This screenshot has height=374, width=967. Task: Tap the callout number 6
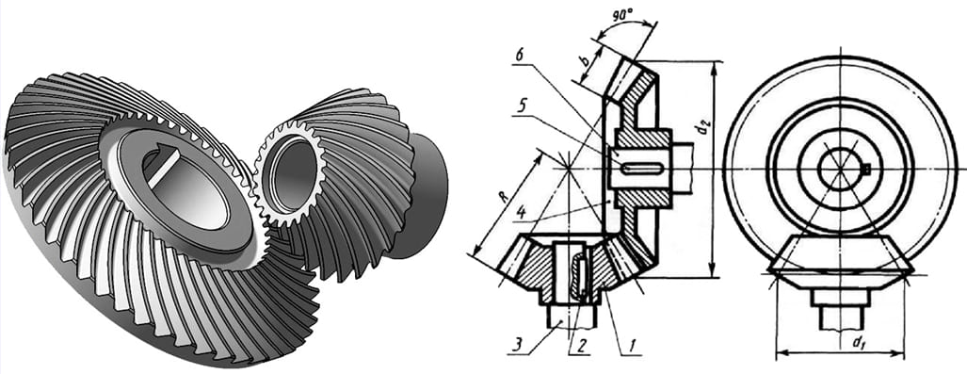coord(519,54)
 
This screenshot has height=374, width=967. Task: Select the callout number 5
coord(523,105)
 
